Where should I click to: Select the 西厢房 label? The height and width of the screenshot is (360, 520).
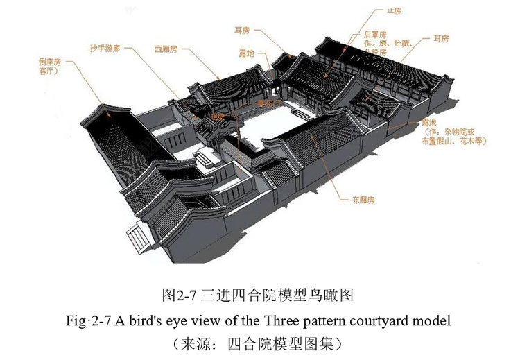click(168, 51)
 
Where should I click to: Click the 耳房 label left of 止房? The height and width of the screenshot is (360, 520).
click(242, 30)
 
